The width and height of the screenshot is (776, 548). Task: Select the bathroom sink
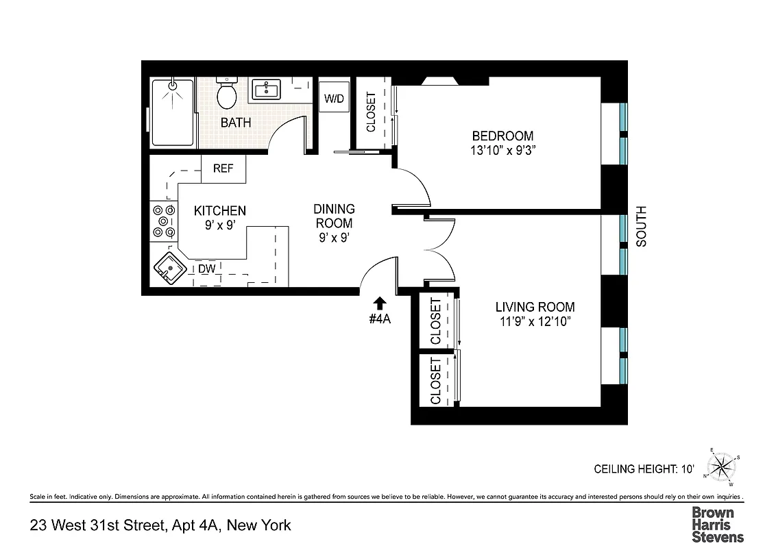pos(265,89)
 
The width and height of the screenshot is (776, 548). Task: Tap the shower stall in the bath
pos(172,112)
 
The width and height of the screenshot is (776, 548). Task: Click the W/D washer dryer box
pos(335,98)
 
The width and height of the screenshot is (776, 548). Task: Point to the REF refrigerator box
pos(223,169)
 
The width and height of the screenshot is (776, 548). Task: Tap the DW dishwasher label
pos(207,269)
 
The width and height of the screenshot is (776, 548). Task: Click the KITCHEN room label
pos(219,210)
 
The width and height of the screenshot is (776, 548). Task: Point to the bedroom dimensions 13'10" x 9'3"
pos(502,151)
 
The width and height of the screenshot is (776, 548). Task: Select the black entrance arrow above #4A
pos(380,301)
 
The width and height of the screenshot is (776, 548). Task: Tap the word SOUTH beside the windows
pos(642,226)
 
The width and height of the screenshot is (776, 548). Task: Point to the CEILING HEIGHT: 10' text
pos(644,469)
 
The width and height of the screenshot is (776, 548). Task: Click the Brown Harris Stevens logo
pos(717,525)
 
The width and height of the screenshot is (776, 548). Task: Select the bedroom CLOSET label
pos(371,113)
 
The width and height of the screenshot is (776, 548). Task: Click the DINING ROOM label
pos(334,216)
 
